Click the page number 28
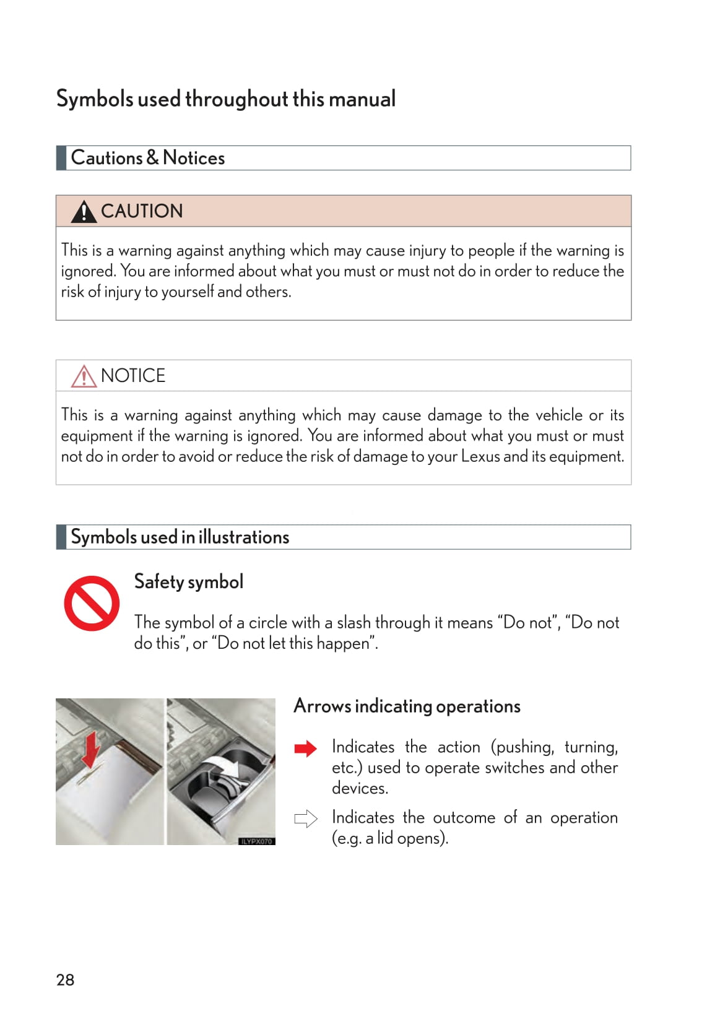[65, 979]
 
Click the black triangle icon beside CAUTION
[84, 212]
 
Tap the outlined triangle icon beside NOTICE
[84, 376]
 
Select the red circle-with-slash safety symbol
[92, 604]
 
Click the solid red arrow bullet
[305, 748]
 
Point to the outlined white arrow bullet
[305, 818]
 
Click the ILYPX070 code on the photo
[256, 841]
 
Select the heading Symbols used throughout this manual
[226, 99]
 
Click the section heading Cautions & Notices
[148, 158]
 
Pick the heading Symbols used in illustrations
[180, 537]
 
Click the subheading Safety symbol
[189, 581]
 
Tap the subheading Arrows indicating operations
[407, 706]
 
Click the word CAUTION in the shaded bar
[142, 211]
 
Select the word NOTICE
[133, 376]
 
